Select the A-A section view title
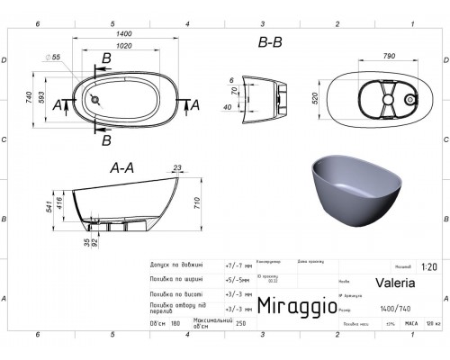point(123,168)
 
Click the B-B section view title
point(269,41)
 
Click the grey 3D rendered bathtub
point(351,191)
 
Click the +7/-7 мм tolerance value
point(231,266)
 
